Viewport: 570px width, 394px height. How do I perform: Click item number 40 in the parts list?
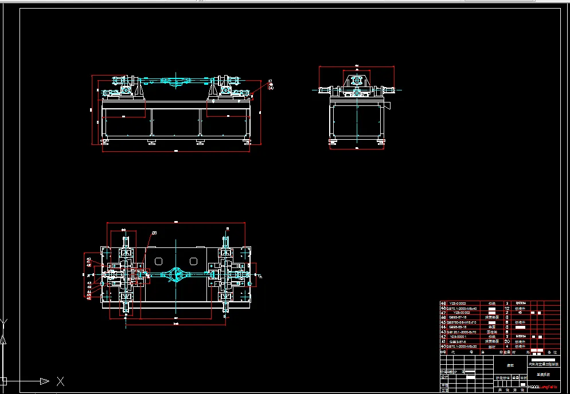[x=443, y=346]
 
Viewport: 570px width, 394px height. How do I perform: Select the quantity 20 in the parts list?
[x=506, y=341]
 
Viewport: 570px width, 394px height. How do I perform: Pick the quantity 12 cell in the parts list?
[x=506, y=309]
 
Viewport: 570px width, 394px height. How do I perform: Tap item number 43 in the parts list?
[x=443, y=332]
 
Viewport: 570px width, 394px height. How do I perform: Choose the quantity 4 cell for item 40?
[x=506, y=346]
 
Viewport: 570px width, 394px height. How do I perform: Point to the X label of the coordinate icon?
[x=60, y=381]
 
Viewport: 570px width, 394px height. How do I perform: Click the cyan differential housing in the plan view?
[x=175, y=276]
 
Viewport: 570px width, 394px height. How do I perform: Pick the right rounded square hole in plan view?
[x=193, y=262]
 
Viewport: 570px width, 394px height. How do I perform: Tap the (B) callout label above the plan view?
[x=154, y=233]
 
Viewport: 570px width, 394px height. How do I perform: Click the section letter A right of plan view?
[x=261, y=277]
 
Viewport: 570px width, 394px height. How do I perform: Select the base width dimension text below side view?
[x=356, y=148]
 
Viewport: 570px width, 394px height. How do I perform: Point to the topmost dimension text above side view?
[x=356, y=65]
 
